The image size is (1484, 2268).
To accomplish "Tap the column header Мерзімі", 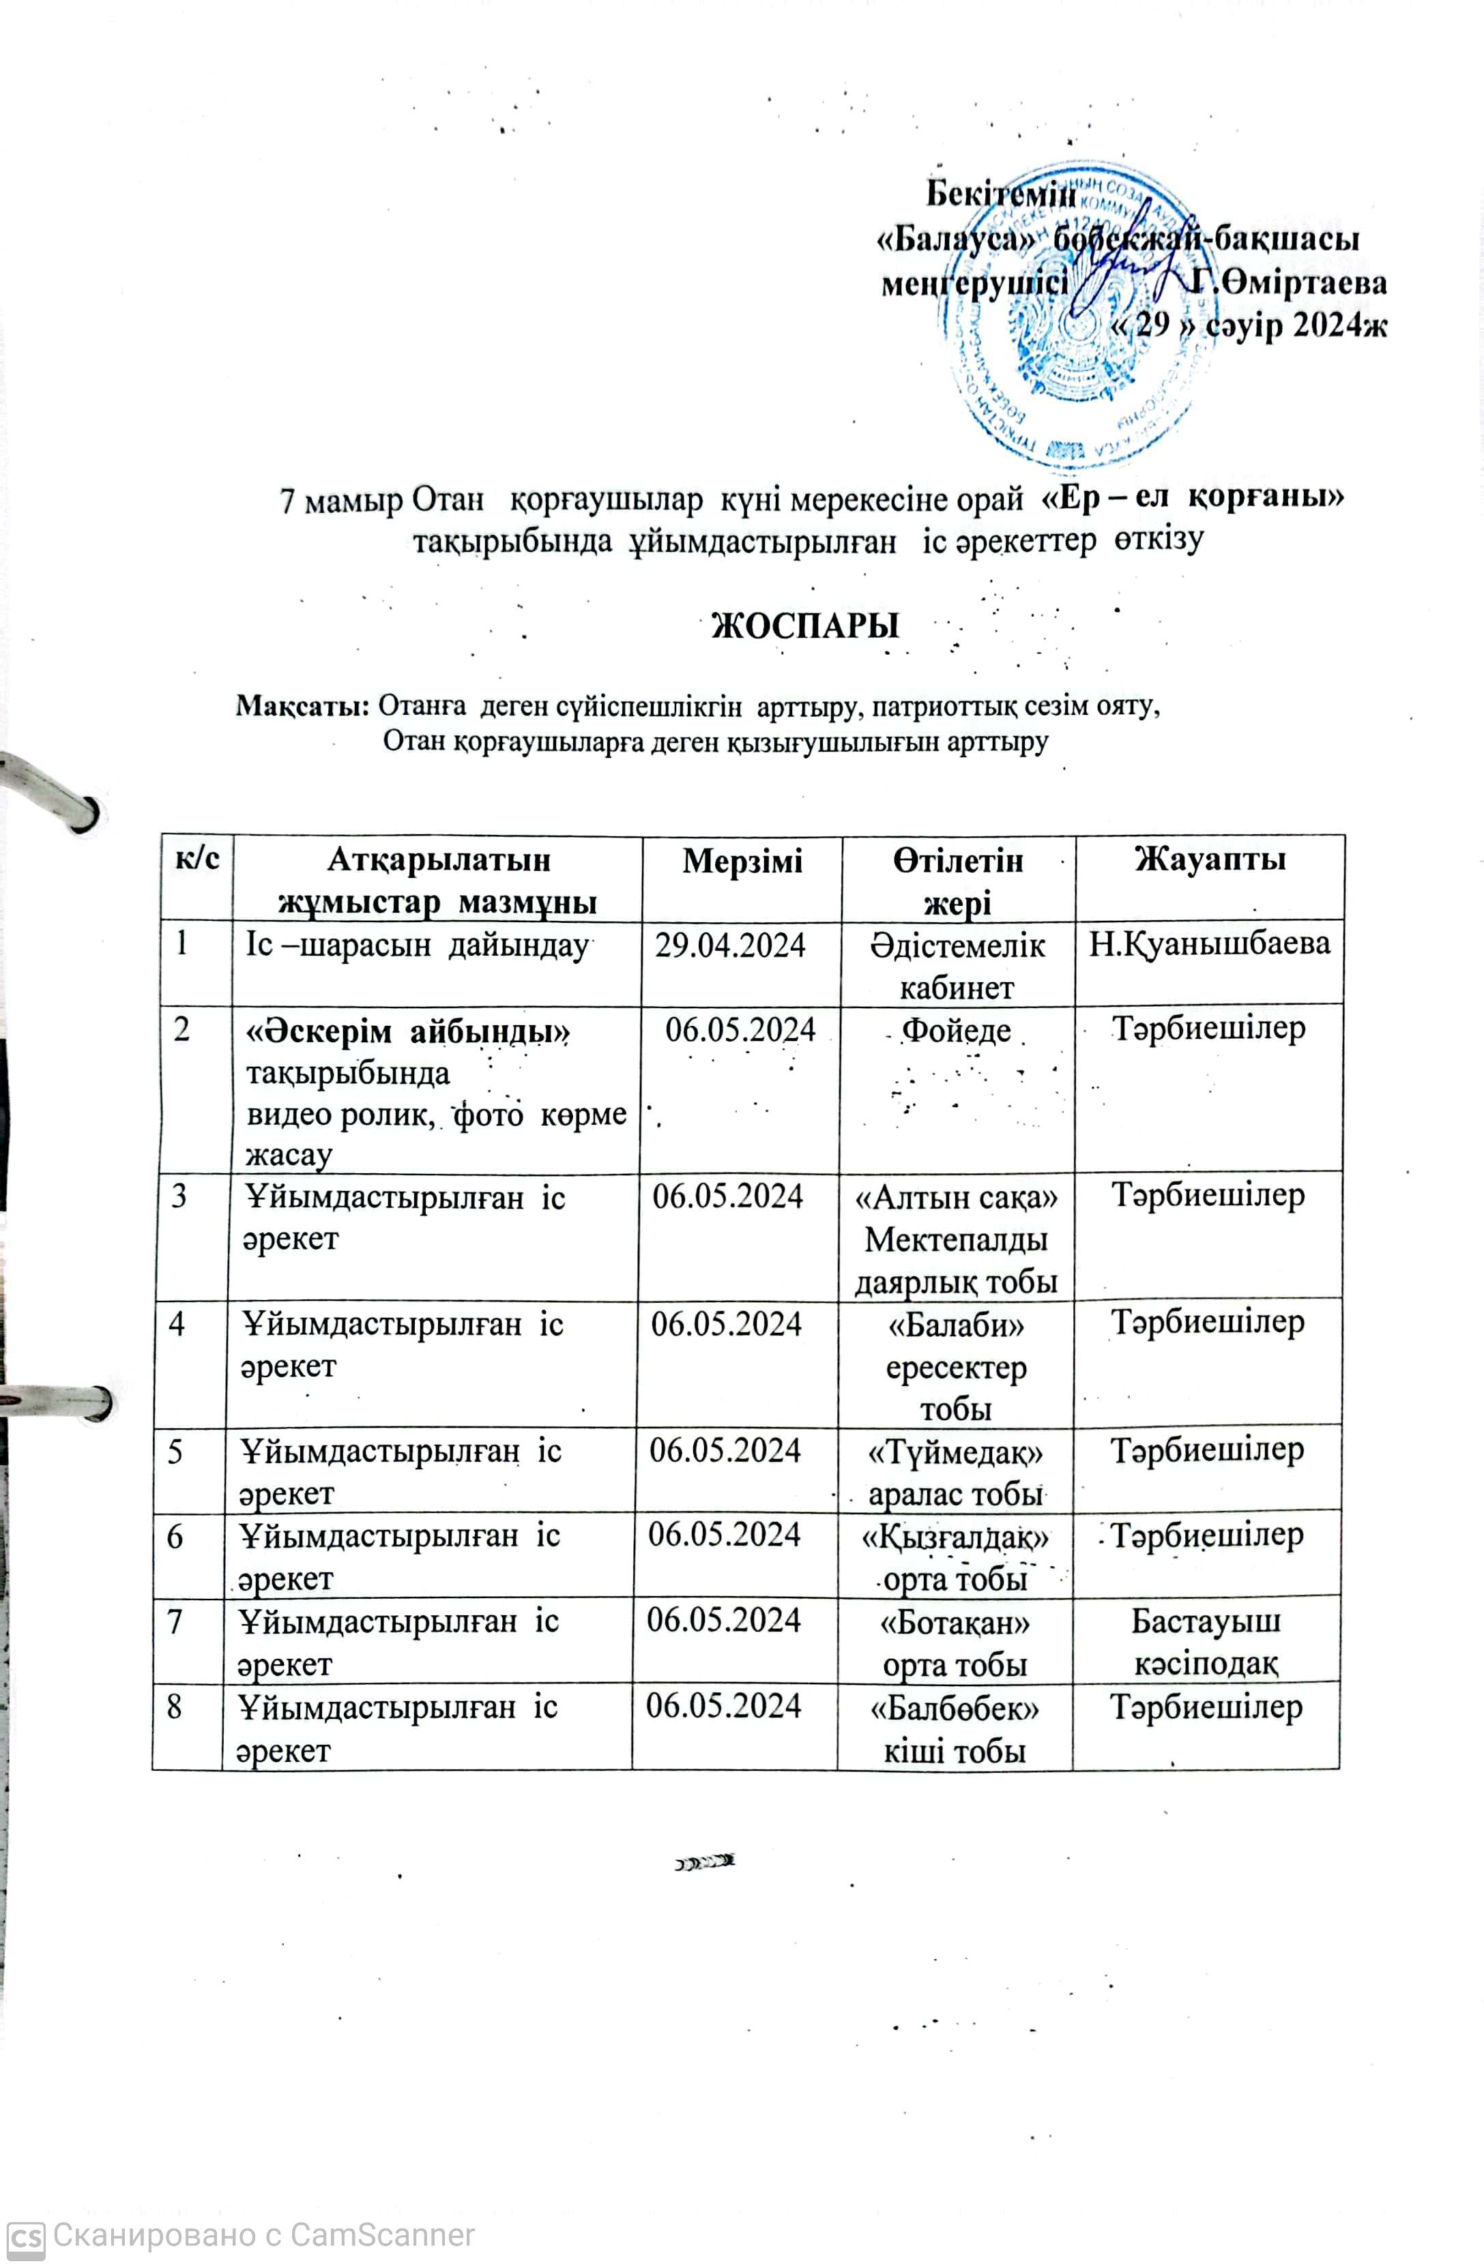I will click(x=742, y=861).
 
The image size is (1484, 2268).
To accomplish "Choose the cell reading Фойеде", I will click(x=955, y=1030).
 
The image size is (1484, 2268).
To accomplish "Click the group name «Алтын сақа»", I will click(x=955, y=1197).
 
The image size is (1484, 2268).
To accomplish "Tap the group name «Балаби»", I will click(x=955, y=1325).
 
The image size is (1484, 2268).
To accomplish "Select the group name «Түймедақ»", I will click(x=955, y=1452).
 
